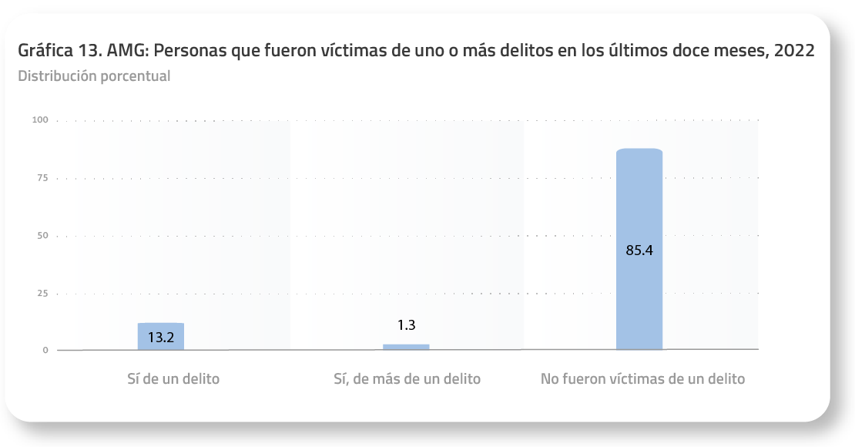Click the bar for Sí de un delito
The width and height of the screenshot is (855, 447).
tap(160, 336)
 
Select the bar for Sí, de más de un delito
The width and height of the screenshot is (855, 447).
tap(406, 347)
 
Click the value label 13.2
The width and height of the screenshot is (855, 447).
tap(160, 337)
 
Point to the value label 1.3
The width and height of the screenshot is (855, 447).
tap(406, 325)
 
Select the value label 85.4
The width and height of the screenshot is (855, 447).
tap(639, 250)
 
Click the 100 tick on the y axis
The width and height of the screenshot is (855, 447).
tap(41, 120)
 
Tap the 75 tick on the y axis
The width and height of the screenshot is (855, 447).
tap(42, 178)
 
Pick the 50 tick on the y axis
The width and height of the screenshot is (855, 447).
tap(42, 236)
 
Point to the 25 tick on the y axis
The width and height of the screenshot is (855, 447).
tap(42, 294)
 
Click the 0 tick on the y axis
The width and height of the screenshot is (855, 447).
tap(45, 351)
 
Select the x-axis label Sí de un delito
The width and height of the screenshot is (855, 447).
tap(173, 379)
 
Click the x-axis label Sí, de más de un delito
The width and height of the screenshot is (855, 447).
tap(407, 379)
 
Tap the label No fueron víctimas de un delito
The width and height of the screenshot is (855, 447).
tap(642, 379)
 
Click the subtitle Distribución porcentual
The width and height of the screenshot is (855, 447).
tap(94, 76)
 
